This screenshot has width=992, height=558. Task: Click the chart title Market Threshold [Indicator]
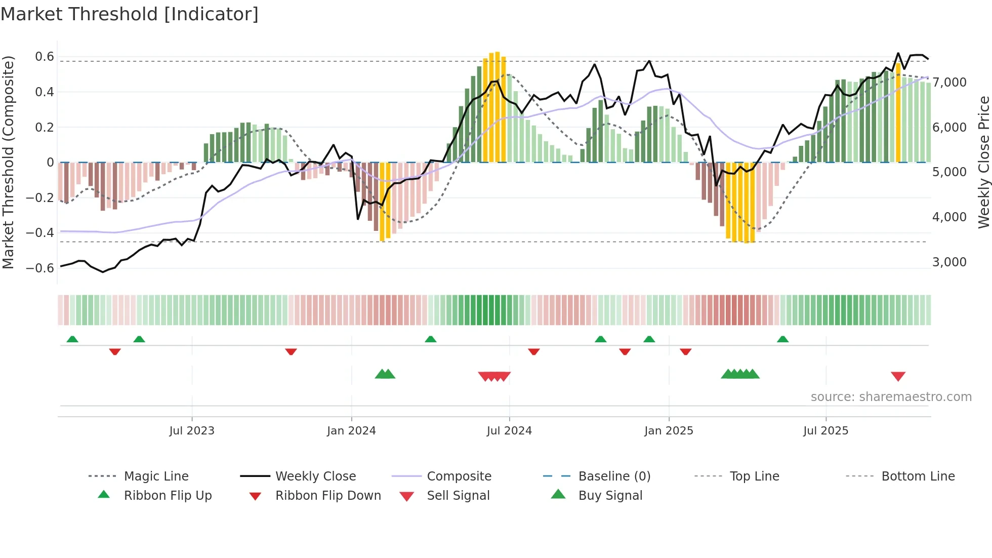[x=130, y=14]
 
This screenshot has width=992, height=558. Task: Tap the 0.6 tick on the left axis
[x=45, y=57]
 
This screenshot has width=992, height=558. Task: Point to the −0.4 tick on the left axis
[x=40, y=233]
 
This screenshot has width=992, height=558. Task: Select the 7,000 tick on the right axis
[x=949, y=83]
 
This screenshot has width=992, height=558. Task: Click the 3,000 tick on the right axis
[x=949, y=262]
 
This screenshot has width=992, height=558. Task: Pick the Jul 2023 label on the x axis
[x=192, y=431]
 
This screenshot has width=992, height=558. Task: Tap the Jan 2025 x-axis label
[x=669, y=431]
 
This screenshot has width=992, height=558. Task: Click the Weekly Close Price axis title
[x=983, y=162]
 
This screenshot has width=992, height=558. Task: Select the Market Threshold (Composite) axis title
[x=8, y=162]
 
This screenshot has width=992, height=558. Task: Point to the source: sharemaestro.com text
[x=891, y=397]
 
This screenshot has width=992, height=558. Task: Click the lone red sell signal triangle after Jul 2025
[x=898, y=376]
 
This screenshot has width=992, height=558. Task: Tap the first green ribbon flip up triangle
[x=72, y=339]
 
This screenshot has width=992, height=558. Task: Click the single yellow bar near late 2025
[x=898, y=112]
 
